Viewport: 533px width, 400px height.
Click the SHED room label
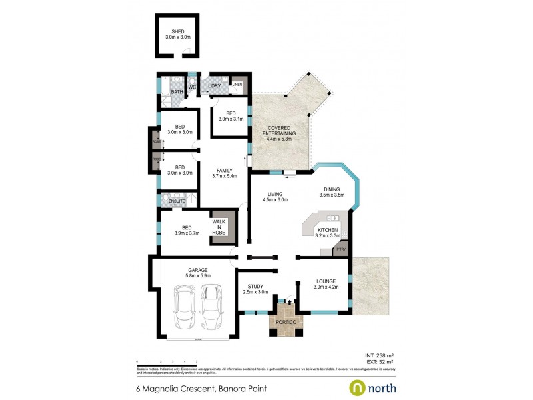tap(177, 31)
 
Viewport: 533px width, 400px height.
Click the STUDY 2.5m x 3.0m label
tap(253, 288)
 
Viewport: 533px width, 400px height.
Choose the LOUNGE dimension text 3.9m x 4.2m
tap(326, 287)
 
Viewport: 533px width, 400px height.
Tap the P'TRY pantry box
tap(340, 250)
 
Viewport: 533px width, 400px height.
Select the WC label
tap(191, 87)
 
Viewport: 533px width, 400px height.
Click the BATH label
tap(177, 92)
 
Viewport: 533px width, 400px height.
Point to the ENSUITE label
tap(177, 201)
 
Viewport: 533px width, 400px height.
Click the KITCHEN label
tap(327, 230)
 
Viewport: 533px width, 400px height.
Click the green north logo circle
tap(357, 387)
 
